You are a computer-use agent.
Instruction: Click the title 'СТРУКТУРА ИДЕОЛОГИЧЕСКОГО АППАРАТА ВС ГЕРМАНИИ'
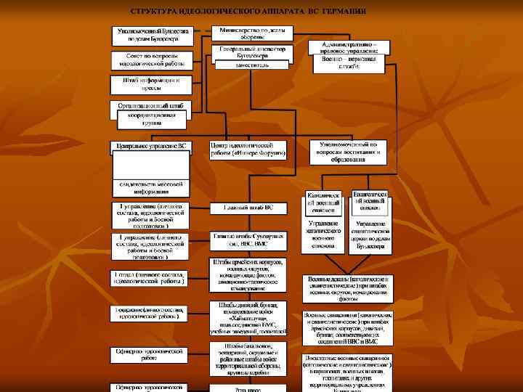pos(248,12)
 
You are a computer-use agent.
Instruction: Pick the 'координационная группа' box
pos(151,119)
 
